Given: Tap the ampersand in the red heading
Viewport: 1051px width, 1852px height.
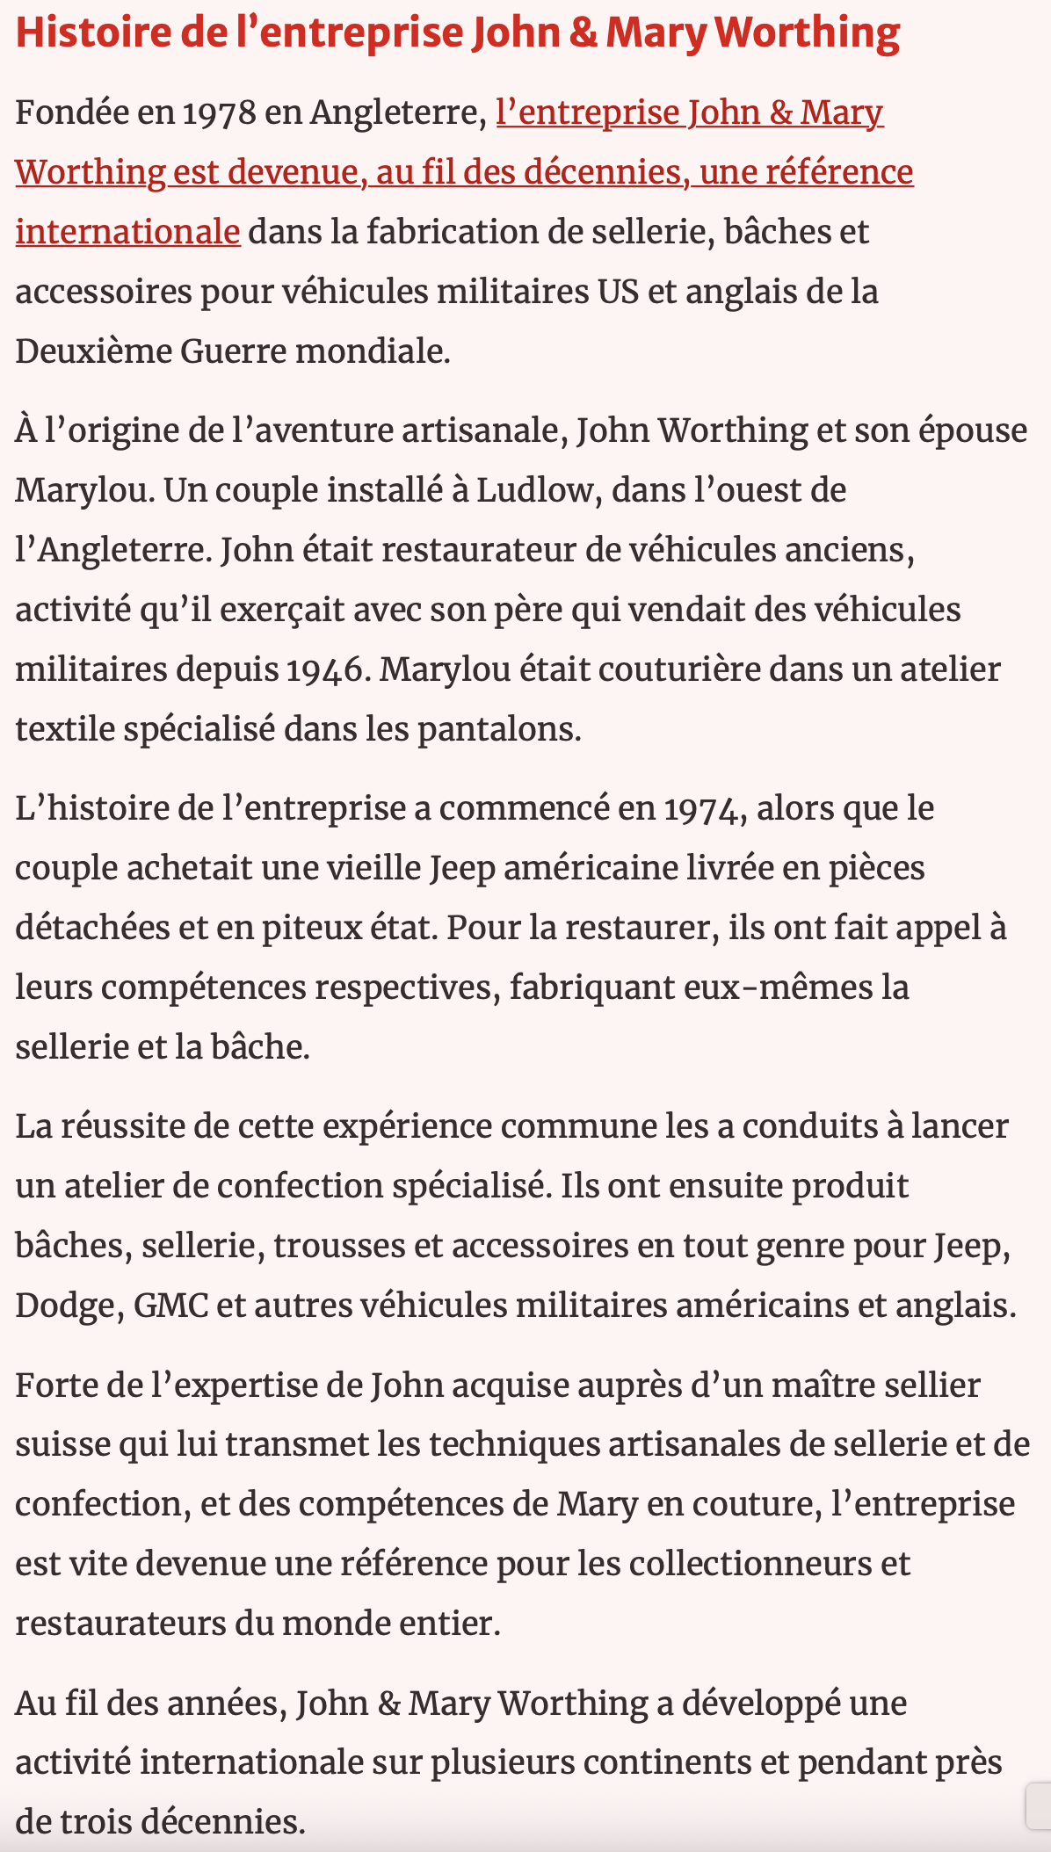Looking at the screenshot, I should (582, 33).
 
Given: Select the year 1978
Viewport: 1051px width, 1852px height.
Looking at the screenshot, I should (219, 113).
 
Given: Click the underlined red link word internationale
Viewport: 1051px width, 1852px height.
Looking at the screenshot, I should (127, 232).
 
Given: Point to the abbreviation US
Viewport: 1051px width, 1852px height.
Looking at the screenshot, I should (618, 292).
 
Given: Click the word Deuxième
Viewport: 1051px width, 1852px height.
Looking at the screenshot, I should (92, 351).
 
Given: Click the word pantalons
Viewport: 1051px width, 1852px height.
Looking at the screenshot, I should (497, 729).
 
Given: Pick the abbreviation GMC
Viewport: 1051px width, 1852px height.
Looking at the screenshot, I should (170, 1306).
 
